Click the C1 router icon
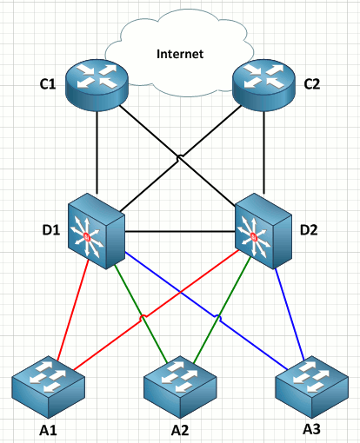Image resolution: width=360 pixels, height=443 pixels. tap(96, 82)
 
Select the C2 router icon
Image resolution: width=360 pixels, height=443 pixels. tap(263, 82)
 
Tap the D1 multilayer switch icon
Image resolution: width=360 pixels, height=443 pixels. tap(97, 228)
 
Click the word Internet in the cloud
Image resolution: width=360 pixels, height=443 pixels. tap(179, 54)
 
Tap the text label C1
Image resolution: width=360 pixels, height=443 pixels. tap(47, 85)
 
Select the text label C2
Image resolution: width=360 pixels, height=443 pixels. tap(312, 85)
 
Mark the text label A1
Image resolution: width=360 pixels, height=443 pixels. tap(49, 428)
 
